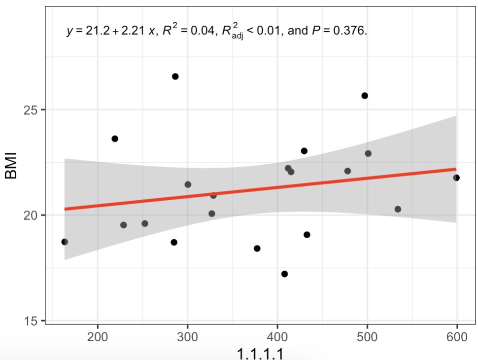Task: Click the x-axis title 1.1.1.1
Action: point(260,353)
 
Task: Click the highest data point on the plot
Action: point(175,76)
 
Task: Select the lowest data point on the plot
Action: point(284,274)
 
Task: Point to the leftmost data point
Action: point(65,242)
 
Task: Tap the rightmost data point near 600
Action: point(456,178)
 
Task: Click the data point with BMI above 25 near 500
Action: point(365,96)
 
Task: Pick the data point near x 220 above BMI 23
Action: point(115,139)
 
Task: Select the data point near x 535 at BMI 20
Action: point(398,209)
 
